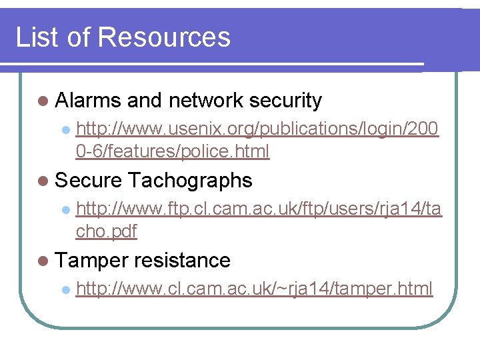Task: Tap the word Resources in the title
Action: coord(164,37)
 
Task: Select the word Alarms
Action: coord(88,101)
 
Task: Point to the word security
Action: coord(285,101)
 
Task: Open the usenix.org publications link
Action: coord(257,129)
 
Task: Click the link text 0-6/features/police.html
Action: coord(173,152)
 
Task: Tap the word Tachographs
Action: coord(190,181)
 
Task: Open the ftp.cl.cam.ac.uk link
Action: coord(259,209)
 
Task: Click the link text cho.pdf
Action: coord(107,232)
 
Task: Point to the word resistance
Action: coord(182,261)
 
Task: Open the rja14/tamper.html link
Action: coord(255,289)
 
